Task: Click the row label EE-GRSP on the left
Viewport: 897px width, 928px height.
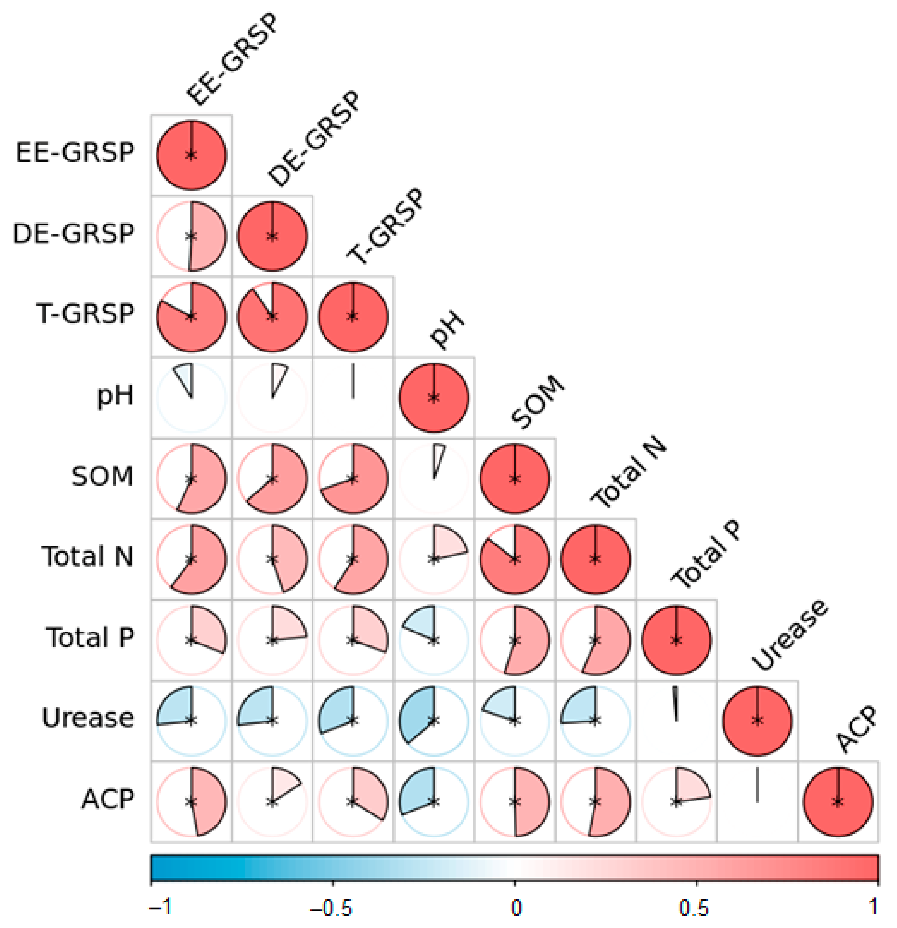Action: click(75, 153)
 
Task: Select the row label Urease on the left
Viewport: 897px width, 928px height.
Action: click(88, 718)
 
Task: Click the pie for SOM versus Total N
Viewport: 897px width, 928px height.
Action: click(515, 559)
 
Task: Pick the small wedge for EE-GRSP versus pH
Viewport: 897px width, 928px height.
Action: click(185, 377)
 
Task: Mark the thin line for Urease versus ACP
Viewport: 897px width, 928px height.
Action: click(757, 786)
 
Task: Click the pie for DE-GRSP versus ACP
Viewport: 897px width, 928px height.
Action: click(284, 788)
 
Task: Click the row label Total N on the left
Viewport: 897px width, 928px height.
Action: click(87, 556)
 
